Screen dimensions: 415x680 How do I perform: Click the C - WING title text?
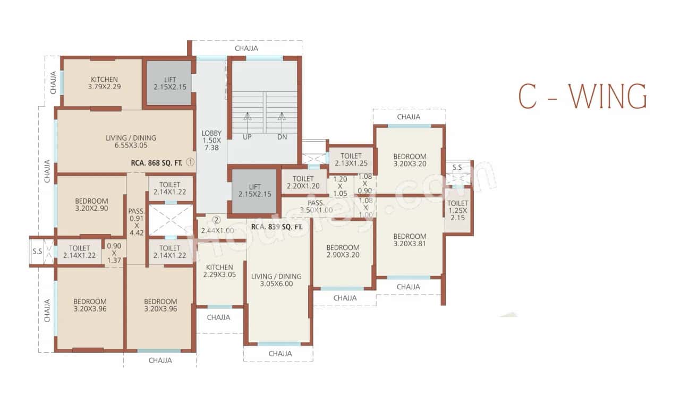click(x=582, y=97)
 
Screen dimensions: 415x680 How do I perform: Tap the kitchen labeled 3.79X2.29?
click(x=104, y=83)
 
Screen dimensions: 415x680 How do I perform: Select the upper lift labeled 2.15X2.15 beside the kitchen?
click(x=169, y=83)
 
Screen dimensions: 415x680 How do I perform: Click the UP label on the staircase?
click(x=247, y=136)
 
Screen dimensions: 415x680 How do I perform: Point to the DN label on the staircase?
click(x=282, y=136)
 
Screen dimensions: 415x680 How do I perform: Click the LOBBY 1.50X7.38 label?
click(x=211, y=140)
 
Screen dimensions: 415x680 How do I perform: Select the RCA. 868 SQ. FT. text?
click(x=157, y=163)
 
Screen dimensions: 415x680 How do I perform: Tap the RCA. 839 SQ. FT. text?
click(x=276, y=227)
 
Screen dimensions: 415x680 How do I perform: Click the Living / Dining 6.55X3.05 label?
click(x=131, y=142)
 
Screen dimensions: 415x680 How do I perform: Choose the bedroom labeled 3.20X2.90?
click(x=91, y=205)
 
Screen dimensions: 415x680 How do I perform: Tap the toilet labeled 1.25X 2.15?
click(x=457, y=211)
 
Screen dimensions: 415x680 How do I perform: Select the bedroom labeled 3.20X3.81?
click(x=410, y=240)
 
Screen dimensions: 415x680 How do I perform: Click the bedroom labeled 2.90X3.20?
click(x=343, y=252)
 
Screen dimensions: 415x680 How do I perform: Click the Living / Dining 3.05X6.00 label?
click(x=276, y=280)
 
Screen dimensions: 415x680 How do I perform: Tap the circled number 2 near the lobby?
click(x=216, y=219)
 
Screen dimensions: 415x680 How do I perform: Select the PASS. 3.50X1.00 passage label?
click(x=317, y=206)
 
